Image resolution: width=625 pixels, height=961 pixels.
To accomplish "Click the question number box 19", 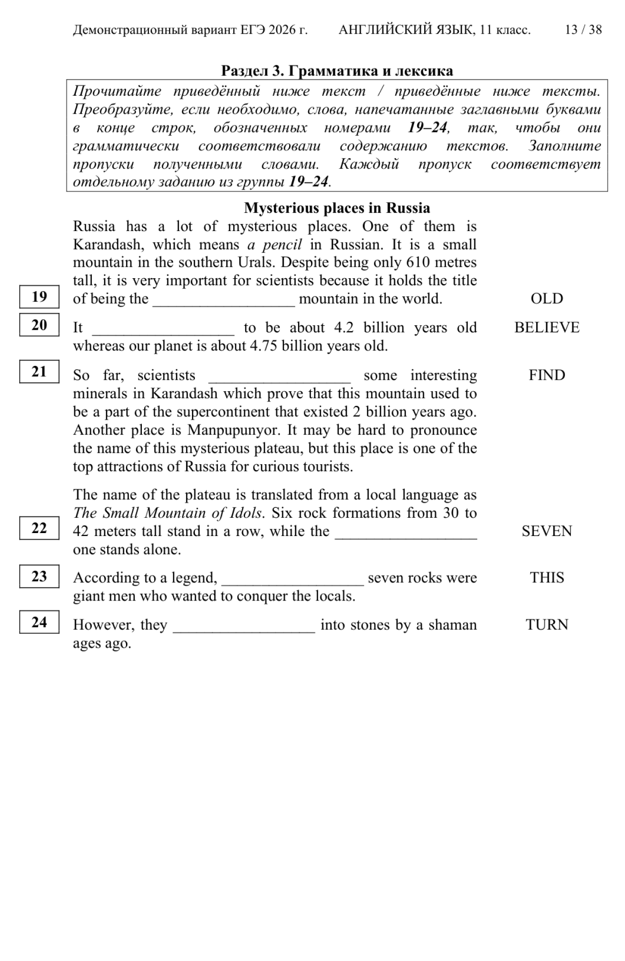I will pos(39,297).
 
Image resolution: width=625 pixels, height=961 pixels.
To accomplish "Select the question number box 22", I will pos(39,528).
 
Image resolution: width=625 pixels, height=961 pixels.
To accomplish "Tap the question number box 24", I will pos(39,622).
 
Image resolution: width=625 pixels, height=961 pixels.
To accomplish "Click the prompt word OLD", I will pos(547,299).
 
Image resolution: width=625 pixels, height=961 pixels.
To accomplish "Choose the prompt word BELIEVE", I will pos(547,327).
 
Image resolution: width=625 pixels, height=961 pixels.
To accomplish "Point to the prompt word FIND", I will pos(547,375).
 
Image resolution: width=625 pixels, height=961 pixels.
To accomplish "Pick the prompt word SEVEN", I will pos(547,531).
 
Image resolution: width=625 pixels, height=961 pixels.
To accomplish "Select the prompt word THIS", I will pos(547,578).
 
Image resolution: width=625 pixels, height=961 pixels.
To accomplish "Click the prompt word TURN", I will pos(547,625).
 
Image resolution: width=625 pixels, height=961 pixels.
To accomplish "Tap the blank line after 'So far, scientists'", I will pos(280,378).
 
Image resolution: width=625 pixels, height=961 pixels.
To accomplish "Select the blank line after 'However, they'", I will pos(244,628).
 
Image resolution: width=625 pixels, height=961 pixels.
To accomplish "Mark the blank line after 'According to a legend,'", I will pos(293,581).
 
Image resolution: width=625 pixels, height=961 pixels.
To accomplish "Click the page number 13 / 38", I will pos(583,30).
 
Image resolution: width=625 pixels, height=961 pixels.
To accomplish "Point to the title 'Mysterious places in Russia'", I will pos(337,208).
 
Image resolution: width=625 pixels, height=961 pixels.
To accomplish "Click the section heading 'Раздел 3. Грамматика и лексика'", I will pos(337,71).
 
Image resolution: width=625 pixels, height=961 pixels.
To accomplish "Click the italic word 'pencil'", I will pos(282,244).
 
